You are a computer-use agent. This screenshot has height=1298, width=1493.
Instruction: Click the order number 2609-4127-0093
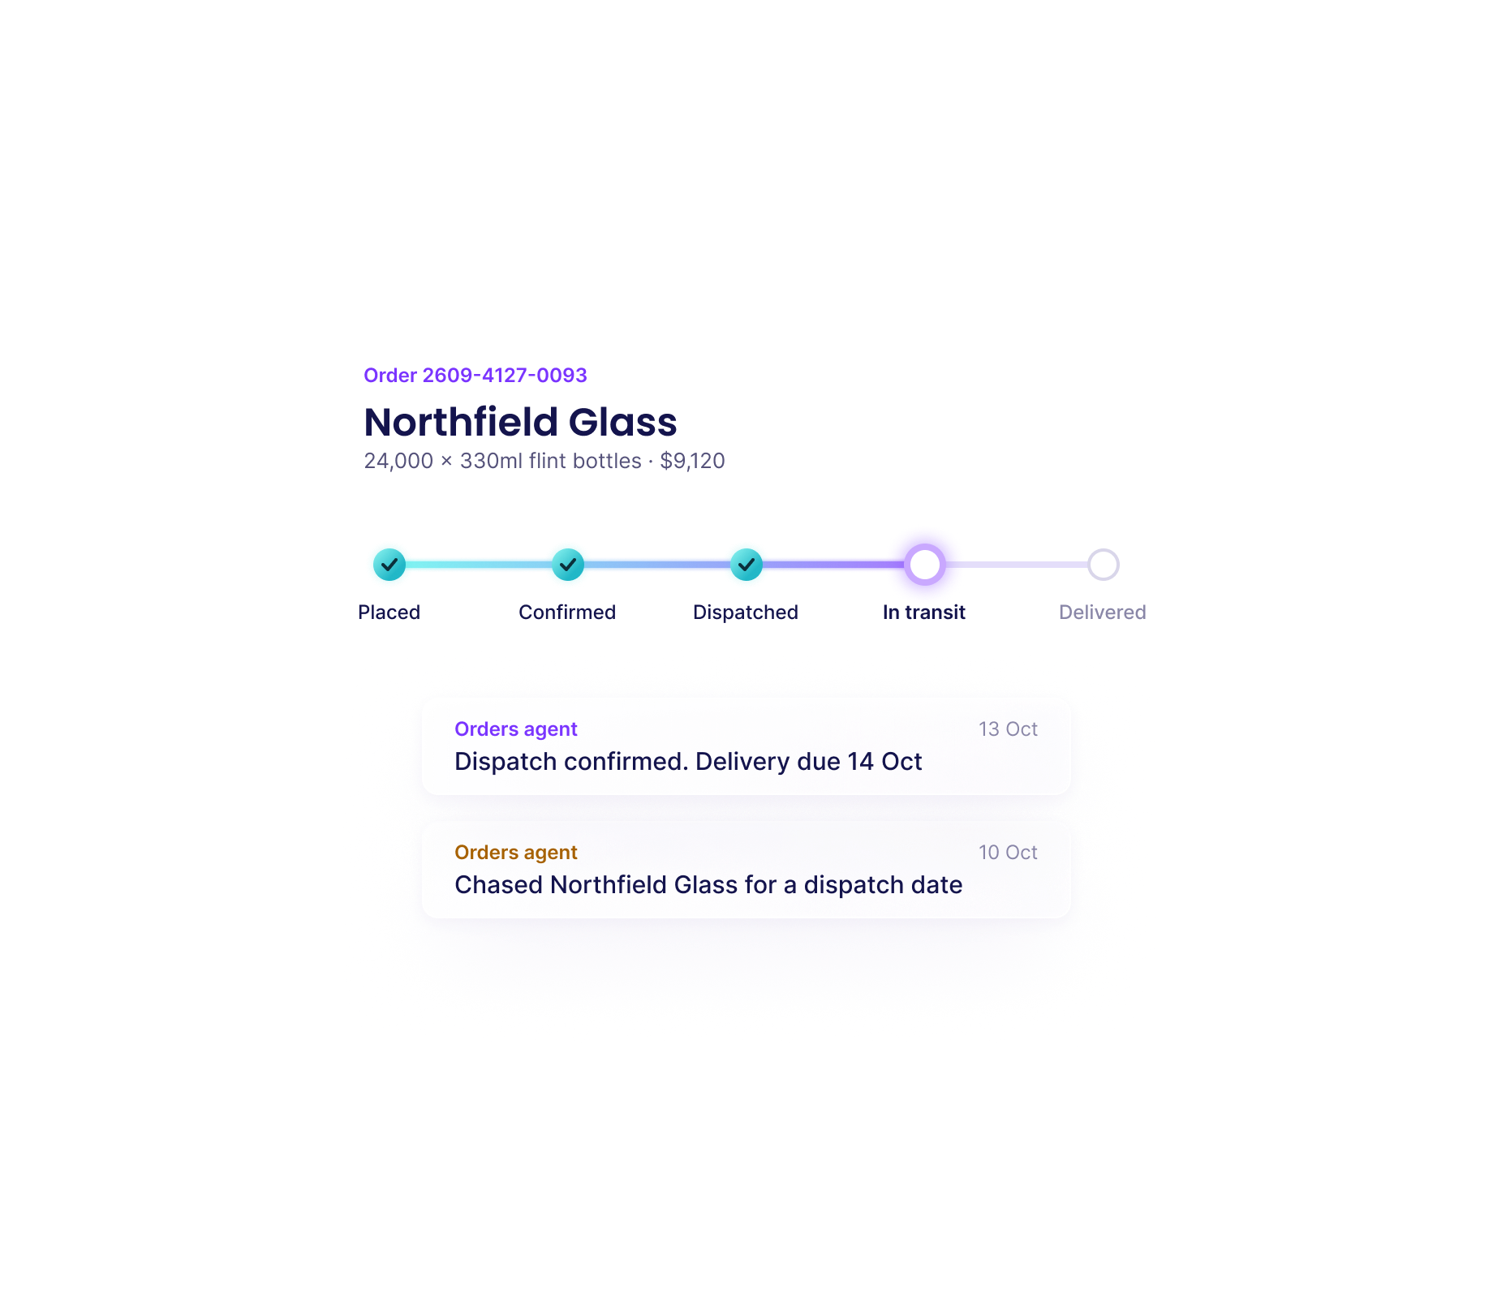505,376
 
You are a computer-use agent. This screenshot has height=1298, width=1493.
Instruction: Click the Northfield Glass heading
520,422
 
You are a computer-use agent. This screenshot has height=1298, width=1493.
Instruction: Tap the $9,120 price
692,461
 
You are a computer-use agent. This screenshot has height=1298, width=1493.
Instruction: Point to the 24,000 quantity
398,461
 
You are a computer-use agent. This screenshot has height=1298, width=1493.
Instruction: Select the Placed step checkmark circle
389,565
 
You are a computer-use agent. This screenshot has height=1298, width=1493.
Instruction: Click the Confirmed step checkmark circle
568,565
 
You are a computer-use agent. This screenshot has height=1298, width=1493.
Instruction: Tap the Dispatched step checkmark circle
746,565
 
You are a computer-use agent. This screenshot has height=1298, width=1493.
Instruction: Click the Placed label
389,612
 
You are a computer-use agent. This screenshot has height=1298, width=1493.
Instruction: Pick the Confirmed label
567,612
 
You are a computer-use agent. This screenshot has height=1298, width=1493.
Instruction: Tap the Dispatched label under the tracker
746,612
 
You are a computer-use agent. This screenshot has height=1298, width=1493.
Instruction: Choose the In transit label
924,612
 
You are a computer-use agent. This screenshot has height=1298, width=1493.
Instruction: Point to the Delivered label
1103,612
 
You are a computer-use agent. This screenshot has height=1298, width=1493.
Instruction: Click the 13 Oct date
1009,729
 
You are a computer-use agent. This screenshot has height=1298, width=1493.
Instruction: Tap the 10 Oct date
1009,853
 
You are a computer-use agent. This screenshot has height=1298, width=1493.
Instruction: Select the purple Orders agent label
516,729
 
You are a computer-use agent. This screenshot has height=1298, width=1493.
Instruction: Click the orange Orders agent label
516,853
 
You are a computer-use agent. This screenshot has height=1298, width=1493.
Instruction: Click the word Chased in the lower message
498,885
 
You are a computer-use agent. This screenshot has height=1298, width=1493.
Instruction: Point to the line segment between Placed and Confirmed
479,565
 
